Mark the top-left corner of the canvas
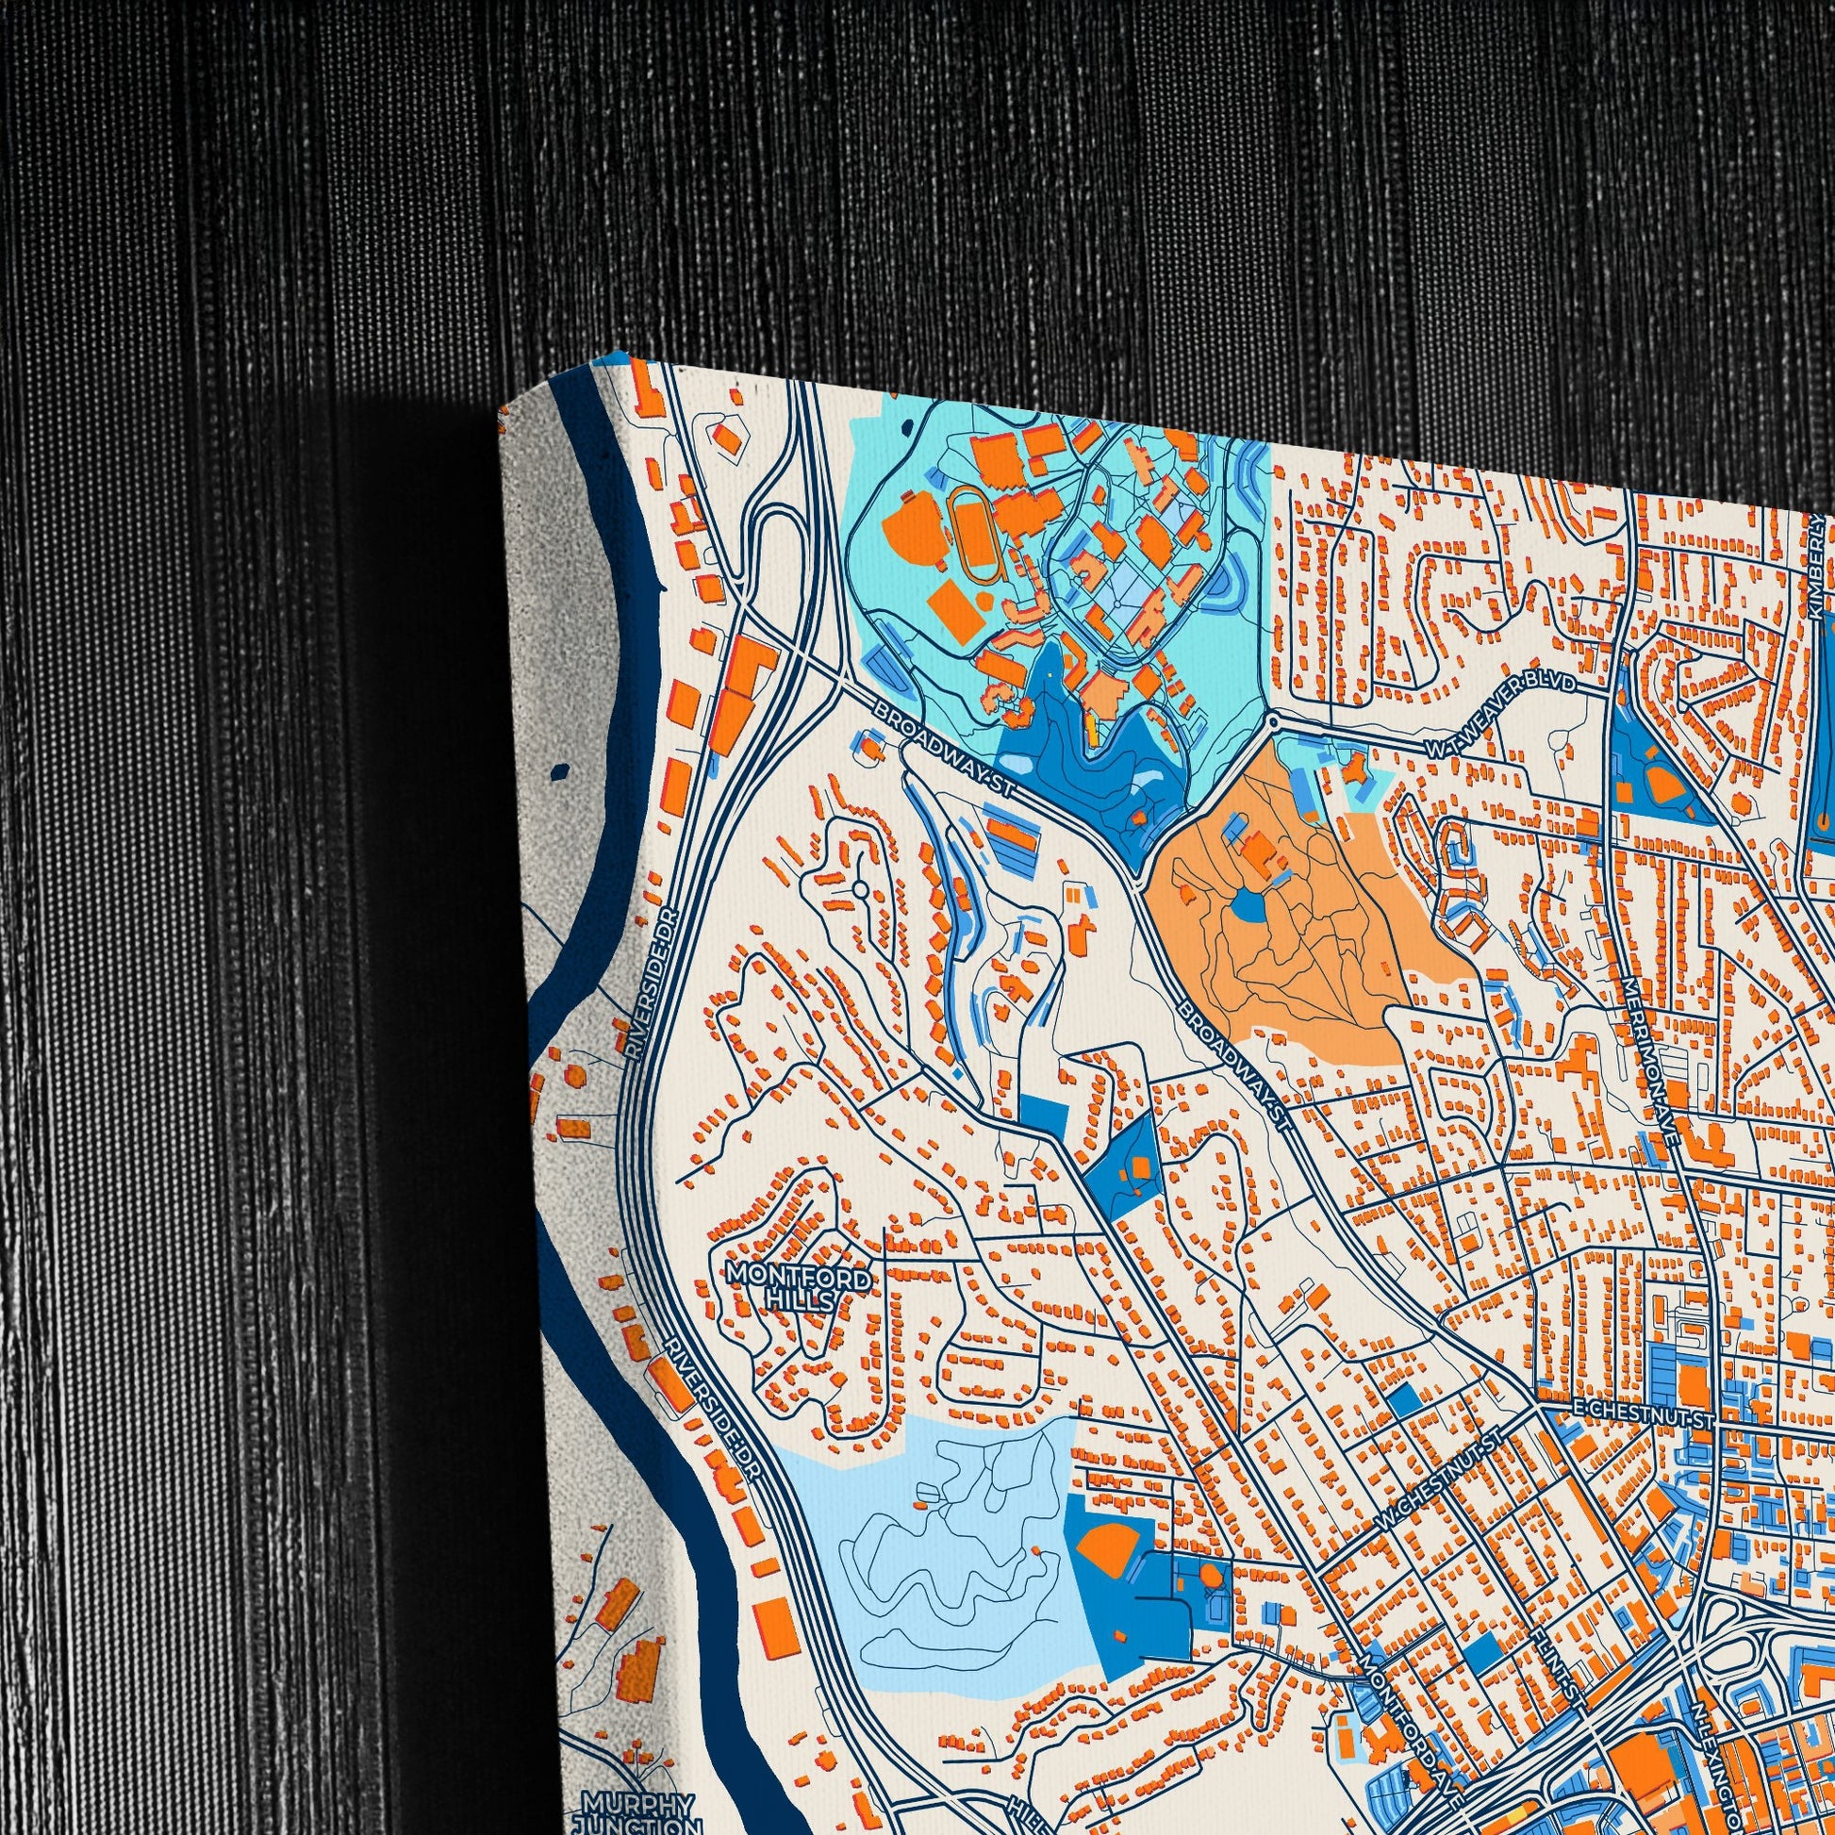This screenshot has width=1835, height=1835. pyautogui.click(x=501, y=405)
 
